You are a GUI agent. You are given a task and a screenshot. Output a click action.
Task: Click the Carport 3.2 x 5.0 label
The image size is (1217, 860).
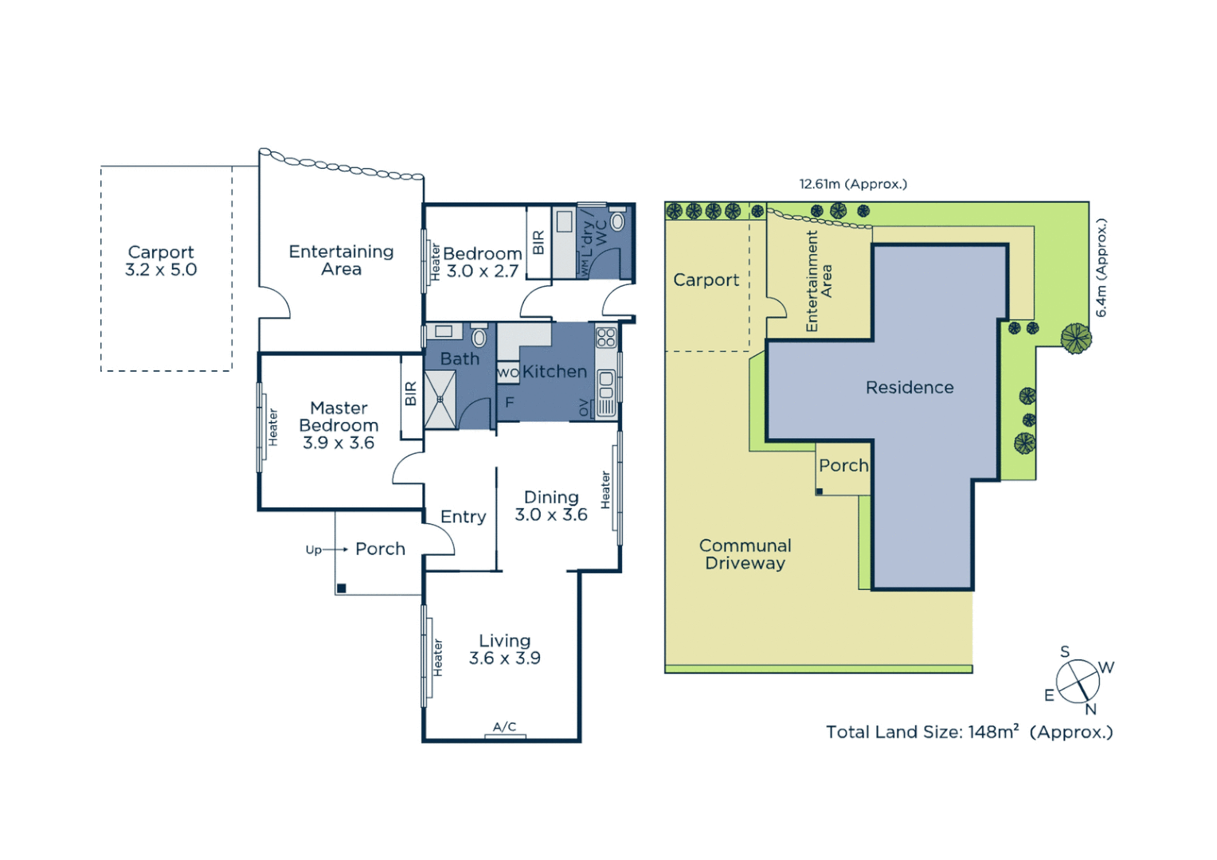pos(161,261)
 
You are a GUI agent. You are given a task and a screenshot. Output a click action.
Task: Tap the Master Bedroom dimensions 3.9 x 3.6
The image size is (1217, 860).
pos(338,443)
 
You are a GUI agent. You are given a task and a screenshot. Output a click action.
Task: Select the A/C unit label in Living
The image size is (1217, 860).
pos(504,727)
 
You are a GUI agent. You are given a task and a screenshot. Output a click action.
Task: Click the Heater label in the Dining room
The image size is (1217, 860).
pos(605,490)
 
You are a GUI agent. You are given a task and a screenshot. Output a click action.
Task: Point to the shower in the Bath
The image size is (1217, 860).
pos(440,399)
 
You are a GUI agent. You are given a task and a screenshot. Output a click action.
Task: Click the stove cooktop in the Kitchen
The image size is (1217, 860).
pos(606,337)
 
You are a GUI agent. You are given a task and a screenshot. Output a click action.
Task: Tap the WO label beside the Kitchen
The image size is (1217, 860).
pos(507,373)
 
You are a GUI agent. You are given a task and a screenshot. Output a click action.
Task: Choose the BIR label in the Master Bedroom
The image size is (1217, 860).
pos(411,393)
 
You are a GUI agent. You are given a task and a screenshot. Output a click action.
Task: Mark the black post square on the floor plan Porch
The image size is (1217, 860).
pos(342,588)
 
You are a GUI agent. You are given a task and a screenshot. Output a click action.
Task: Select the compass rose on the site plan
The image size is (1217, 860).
pos(1078,682)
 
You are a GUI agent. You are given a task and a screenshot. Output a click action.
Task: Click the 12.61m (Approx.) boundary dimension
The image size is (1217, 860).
pos(853,184)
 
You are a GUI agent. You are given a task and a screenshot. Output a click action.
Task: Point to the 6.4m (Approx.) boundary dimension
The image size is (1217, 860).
pos(1102,268)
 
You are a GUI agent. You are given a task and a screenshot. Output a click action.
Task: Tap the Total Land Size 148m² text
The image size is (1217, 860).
pos(969,732)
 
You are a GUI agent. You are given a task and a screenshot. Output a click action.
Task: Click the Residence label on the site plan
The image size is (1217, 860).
pos(910,388)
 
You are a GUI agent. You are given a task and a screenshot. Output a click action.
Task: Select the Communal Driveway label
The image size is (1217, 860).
pos(745,554)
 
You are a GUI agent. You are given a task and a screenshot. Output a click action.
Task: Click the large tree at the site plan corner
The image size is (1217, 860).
pos(1076,338)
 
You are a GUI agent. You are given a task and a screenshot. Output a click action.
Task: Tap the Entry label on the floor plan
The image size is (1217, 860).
pos(463,517)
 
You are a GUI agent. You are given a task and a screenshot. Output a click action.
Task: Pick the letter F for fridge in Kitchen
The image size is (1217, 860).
pos(510,403)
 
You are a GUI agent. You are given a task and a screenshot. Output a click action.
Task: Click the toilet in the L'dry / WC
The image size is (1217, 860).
pos(617,221)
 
